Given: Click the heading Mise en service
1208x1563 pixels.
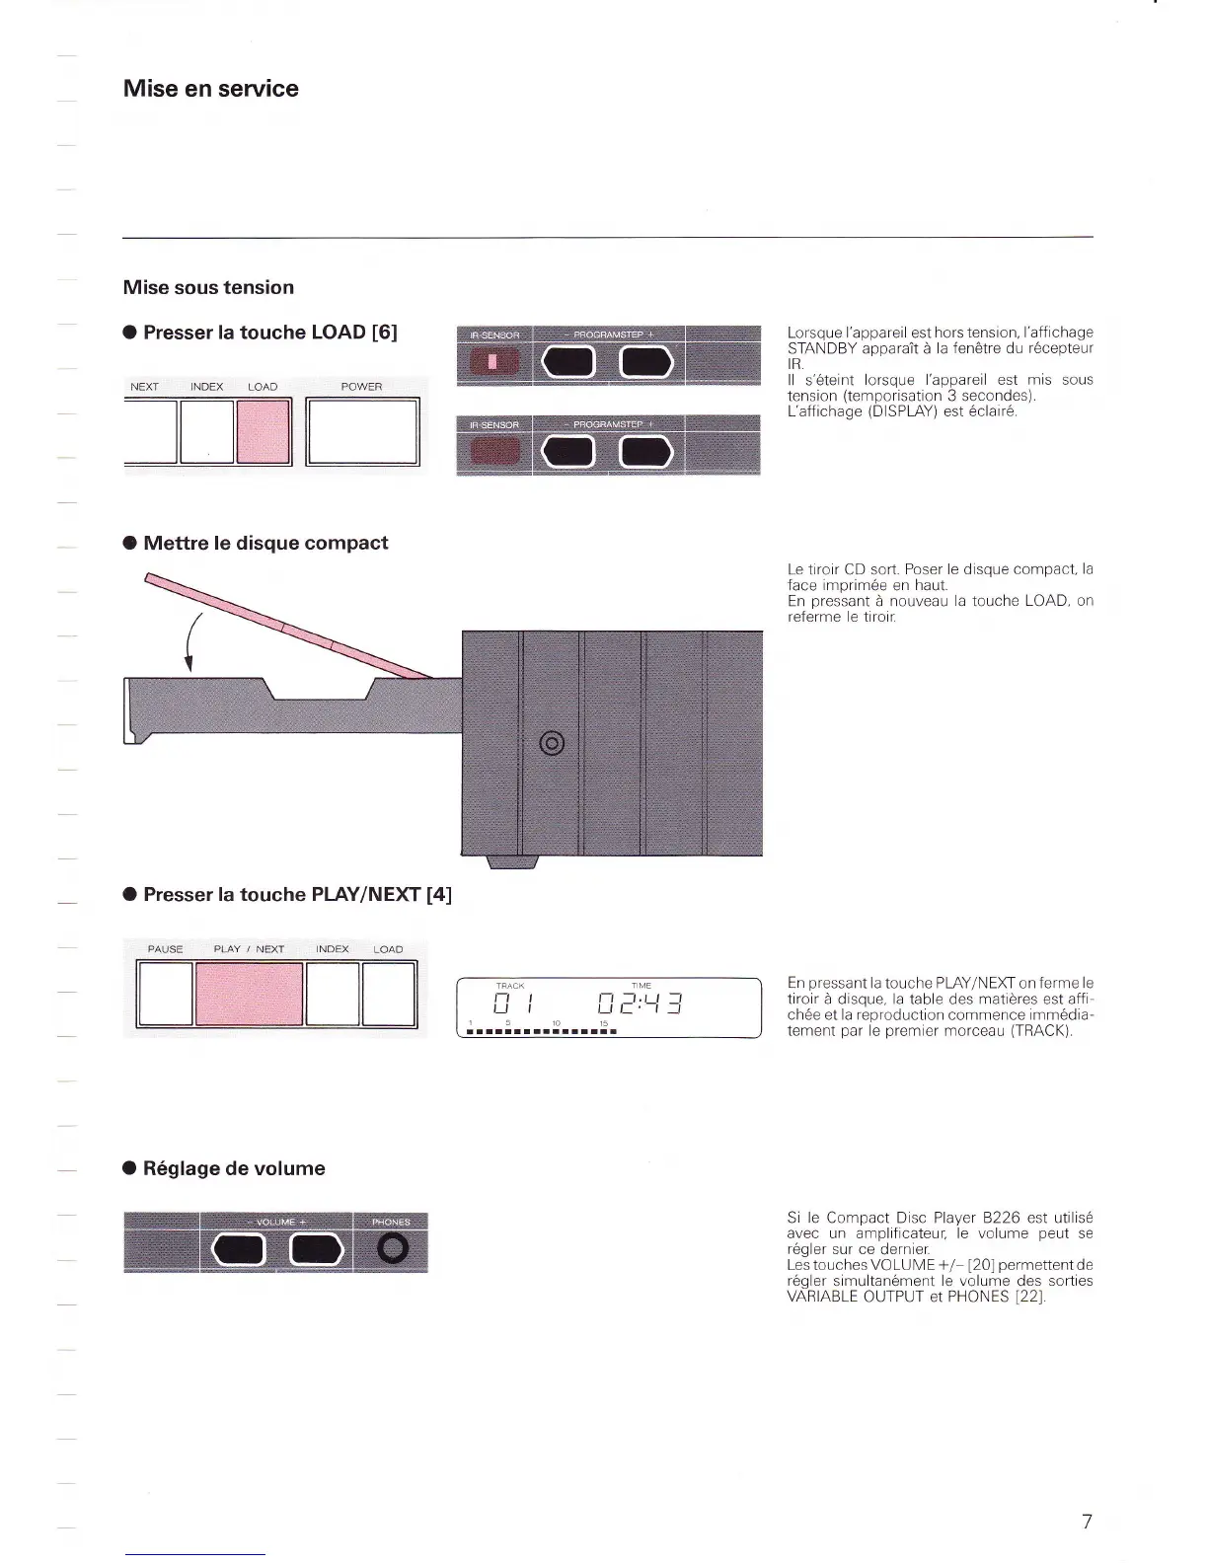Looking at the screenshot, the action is click(x=210, y=89).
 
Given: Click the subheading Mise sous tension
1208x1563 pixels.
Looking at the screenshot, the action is click(x=208, y=287).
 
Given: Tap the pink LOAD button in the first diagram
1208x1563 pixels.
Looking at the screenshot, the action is click(x=264, y=431).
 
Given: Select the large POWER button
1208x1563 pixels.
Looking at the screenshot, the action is click(x=362, y=431).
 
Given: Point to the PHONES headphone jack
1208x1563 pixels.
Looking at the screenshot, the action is click(x=392, y=1249).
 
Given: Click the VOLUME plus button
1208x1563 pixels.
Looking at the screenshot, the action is click(x=316, y=1250).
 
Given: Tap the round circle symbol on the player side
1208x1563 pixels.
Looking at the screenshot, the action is click(x=553, y=743).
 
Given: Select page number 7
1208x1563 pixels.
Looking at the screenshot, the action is click(x=1087, y=1522).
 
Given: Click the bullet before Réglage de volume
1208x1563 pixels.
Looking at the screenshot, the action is click(x=129, y=1169).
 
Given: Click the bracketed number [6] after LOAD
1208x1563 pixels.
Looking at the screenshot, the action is click(x=385, y=333).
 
